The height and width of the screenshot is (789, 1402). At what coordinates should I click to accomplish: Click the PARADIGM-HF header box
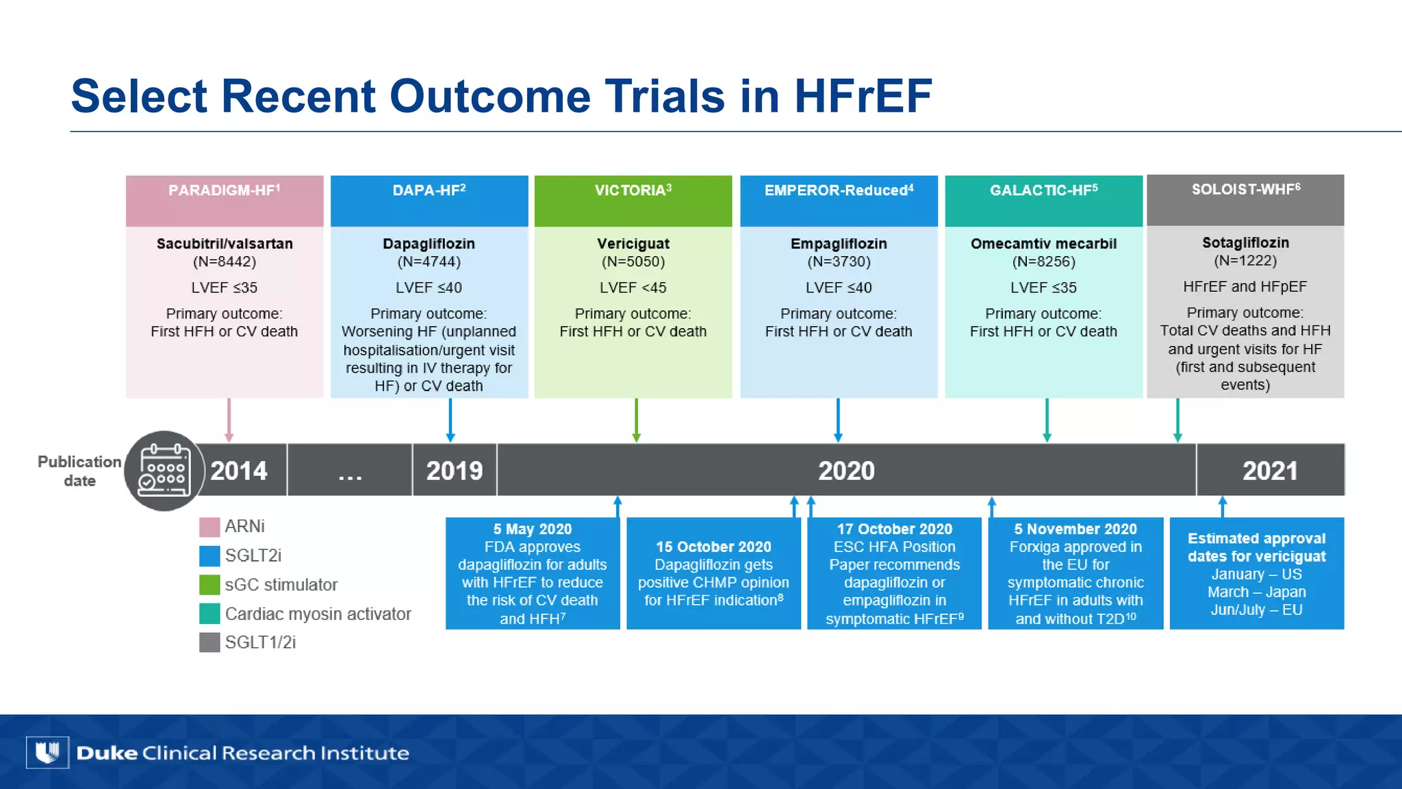click(x=225, y=200)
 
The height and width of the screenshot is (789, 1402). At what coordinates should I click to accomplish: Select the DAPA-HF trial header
click(x=429, y=200)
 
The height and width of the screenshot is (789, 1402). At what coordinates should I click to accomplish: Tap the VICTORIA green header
click(x=633, y=200)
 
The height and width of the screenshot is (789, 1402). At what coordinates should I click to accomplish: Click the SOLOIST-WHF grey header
click(x=1245, y=199)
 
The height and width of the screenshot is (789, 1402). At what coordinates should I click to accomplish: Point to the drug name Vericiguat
click(x=633, y=244)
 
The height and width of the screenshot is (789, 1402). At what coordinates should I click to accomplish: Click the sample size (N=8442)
click(x=225, y=262)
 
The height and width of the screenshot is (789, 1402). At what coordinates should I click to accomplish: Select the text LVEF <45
click(x=633, y=288)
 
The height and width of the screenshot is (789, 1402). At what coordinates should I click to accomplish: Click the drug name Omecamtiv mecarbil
click(x=1043, y=244)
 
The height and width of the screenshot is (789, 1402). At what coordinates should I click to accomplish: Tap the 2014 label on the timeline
click(x=239, y=471)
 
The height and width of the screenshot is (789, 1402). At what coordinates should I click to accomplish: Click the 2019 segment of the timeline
click(x=455, y=471)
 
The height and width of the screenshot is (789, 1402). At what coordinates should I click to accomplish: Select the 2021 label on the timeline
click(x=1270, y=471)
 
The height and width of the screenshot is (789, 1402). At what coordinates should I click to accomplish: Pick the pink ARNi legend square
click(x=209, y=527)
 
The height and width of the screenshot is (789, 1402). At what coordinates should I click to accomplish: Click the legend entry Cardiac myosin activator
click(x=318, y=614)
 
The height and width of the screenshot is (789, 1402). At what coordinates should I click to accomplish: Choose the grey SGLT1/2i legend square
click(x=209, y=642)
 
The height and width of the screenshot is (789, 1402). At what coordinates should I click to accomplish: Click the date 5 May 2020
click(x=532, y=529)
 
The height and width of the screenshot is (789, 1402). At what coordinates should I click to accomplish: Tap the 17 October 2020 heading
click(x=894, y=529)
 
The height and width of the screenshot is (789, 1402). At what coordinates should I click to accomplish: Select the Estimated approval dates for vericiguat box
click(x=1257, y=573)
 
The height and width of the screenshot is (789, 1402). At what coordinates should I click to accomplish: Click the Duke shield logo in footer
click(x=47, y=753)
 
